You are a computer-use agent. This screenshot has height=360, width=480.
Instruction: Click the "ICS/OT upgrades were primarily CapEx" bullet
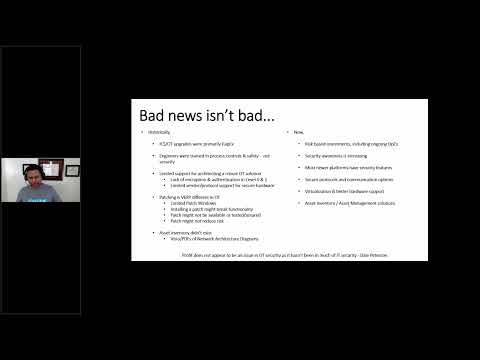point(189,145)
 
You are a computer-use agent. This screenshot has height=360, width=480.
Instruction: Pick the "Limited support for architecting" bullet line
point(200,173)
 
